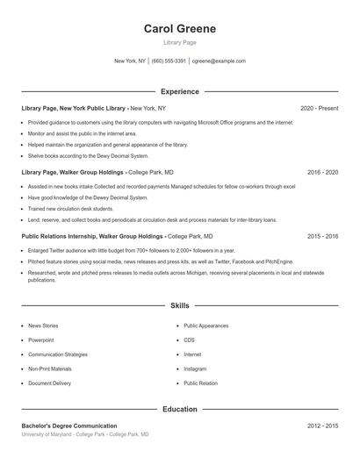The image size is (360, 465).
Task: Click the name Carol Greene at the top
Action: pos(179,28)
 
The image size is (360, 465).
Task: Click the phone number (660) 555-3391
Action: pos(169,61)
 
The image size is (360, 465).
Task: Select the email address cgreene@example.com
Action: pos(219,61)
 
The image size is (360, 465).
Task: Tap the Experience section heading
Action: pos(179,91)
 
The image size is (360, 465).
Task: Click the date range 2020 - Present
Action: pos(319,108)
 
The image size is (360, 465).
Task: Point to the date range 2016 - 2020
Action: pos(322,173)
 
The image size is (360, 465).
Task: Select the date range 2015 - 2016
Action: pos(322,236)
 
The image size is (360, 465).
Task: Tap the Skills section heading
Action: pos(179,306)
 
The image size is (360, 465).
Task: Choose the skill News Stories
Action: pos(43,325)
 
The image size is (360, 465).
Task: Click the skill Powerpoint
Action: pos(40,340)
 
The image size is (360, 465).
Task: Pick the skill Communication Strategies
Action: pos(58,354)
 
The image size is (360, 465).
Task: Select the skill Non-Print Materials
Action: pos(49,368)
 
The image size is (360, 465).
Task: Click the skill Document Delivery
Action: pos(49,383)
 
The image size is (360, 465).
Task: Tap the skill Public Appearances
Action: pos(205,325)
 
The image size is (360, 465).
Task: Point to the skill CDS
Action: pos(189,340)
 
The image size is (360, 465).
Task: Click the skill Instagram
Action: pos(195,368)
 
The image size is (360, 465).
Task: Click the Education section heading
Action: pos(179,409)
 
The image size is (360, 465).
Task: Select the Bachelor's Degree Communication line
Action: pos(68,426)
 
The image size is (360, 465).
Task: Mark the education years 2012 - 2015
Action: pos(322,426)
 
